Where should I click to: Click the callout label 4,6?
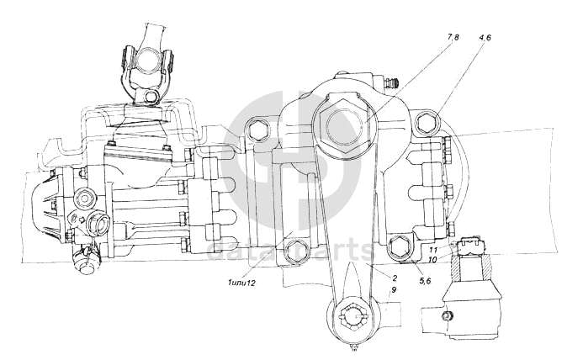485,37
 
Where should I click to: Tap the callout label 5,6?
425,281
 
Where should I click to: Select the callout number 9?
394,289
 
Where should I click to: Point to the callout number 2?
395,278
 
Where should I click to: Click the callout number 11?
433,250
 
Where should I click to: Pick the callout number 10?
432,260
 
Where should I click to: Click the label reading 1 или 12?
242,283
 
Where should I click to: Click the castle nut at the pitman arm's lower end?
353,316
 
